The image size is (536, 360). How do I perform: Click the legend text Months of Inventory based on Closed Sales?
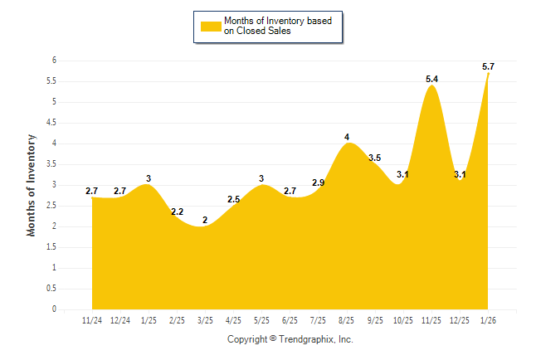(x=277, y=26)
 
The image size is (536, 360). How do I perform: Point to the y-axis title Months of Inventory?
(x=32, y=185)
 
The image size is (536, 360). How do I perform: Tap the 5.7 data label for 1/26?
(x=489, y=66)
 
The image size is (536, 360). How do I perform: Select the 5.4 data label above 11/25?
(x=432, y=79)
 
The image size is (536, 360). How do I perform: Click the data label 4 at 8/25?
(x=348, y=137)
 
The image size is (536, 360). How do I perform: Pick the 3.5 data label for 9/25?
(x=375, y=158)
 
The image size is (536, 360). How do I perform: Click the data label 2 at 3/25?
(x=206, y=220)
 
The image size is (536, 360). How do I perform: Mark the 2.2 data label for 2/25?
(x=178, y=212)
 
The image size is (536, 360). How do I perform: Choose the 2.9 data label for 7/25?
(x=319, y=182)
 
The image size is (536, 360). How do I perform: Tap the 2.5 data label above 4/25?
(x=234, y=199)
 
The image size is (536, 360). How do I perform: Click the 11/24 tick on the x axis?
(x=92, y=320)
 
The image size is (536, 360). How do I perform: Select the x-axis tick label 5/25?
(x=262, y=320)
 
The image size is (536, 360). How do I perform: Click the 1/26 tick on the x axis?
(x=489, y=320)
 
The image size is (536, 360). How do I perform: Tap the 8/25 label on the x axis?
(x=347, y=320)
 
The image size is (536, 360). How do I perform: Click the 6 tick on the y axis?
(x=53, y=61)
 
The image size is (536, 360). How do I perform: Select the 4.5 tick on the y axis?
(x=51, y=123)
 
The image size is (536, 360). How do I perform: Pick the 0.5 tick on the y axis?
(x=51, y=289)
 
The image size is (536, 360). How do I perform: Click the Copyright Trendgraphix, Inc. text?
(x=290, y=340)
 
